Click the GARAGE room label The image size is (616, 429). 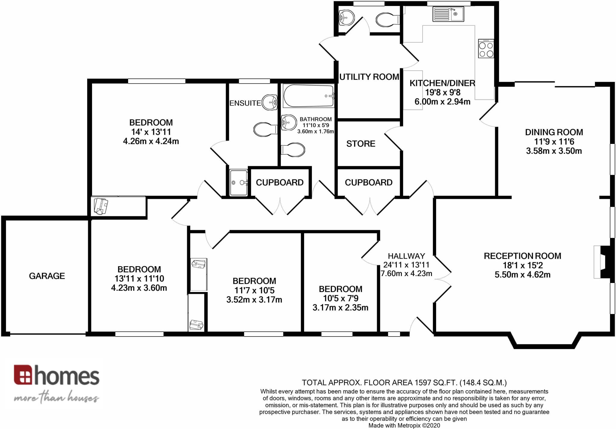click(47, 276)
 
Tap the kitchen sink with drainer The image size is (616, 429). click(448, 14)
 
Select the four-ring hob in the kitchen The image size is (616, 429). click(486, 48)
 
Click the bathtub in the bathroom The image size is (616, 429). click(309, 96)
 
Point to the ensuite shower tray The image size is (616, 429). click(239, 183)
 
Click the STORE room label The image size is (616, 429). click(361, 144)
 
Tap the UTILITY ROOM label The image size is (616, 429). click(369, 77)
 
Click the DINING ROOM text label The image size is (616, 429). click(554, 132)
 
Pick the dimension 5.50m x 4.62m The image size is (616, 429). click(522, 275)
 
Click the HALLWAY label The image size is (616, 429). click(406, 256)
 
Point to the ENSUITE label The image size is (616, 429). click(245, 103)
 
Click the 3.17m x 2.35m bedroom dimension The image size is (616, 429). click(340, 308)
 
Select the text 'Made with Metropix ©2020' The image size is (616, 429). click(404, 425)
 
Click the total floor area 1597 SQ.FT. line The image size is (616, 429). click(404, 382)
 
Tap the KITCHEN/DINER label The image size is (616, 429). click(442, 83)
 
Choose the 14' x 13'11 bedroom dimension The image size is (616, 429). click(151, 132)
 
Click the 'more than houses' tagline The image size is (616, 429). click(56, 398)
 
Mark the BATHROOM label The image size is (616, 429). click(316, 119)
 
